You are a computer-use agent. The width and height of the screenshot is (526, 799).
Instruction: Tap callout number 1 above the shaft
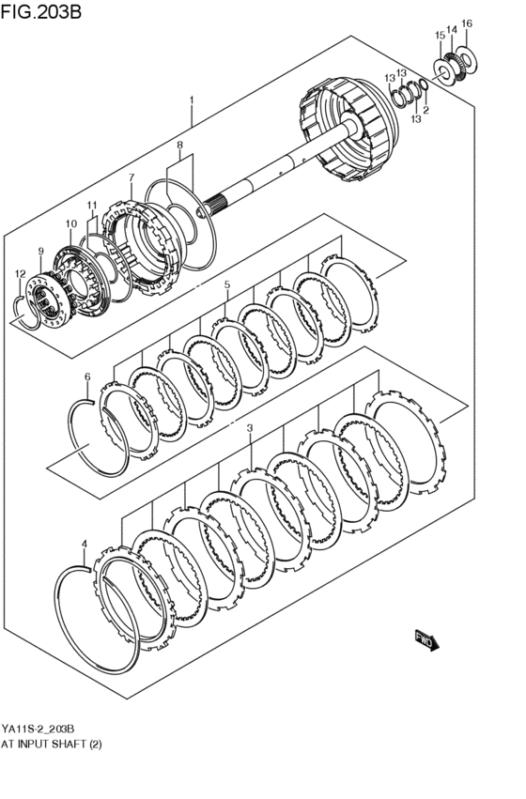[191, 100]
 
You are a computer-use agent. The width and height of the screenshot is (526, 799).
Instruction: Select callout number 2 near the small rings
[425, 111]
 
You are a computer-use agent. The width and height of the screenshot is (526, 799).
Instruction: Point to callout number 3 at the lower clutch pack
[250, 428]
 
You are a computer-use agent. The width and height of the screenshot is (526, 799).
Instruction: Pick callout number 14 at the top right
[452, 30]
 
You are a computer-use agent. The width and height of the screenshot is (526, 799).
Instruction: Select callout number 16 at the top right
[467, 23]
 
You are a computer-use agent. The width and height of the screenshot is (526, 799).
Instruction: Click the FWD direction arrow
[425, 641]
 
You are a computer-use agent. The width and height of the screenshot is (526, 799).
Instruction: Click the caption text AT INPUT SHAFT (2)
[52, 743]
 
